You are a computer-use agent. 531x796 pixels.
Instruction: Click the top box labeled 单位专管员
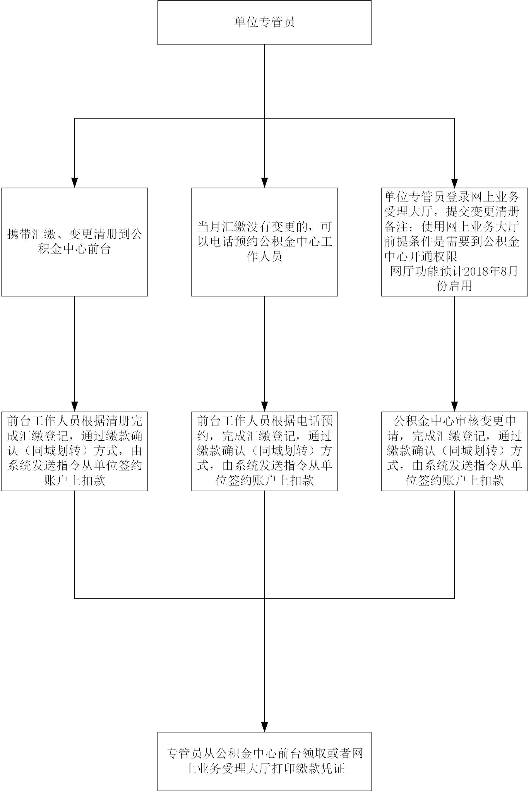pos(264,22)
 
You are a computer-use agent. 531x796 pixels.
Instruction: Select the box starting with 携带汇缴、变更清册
pos(74,242)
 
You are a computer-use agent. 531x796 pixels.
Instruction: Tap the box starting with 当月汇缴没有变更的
pos(264,242)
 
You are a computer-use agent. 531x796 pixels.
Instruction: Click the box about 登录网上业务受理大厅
pos(454,242)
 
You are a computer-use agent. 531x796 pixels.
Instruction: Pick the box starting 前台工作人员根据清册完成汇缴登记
pos(74,451)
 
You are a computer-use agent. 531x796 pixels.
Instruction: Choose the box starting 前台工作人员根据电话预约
pos(264,451)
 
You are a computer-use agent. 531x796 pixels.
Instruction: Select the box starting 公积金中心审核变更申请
pos(454,451)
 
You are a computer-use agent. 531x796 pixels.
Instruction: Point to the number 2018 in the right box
pos(471,271)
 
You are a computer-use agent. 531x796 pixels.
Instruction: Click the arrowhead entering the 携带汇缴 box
pos(75,183)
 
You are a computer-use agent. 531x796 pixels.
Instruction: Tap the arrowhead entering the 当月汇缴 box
pos(265,183)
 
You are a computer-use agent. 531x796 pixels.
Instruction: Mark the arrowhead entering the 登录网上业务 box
pos(455,183)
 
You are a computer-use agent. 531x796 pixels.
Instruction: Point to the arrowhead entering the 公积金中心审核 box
pos(455,407)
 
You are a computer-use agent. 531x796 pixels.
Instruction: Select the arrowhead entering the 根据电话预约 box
pos(265,407)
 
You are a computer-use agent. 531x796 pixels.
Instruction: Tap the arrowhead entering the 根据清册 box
pos(75,407)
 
